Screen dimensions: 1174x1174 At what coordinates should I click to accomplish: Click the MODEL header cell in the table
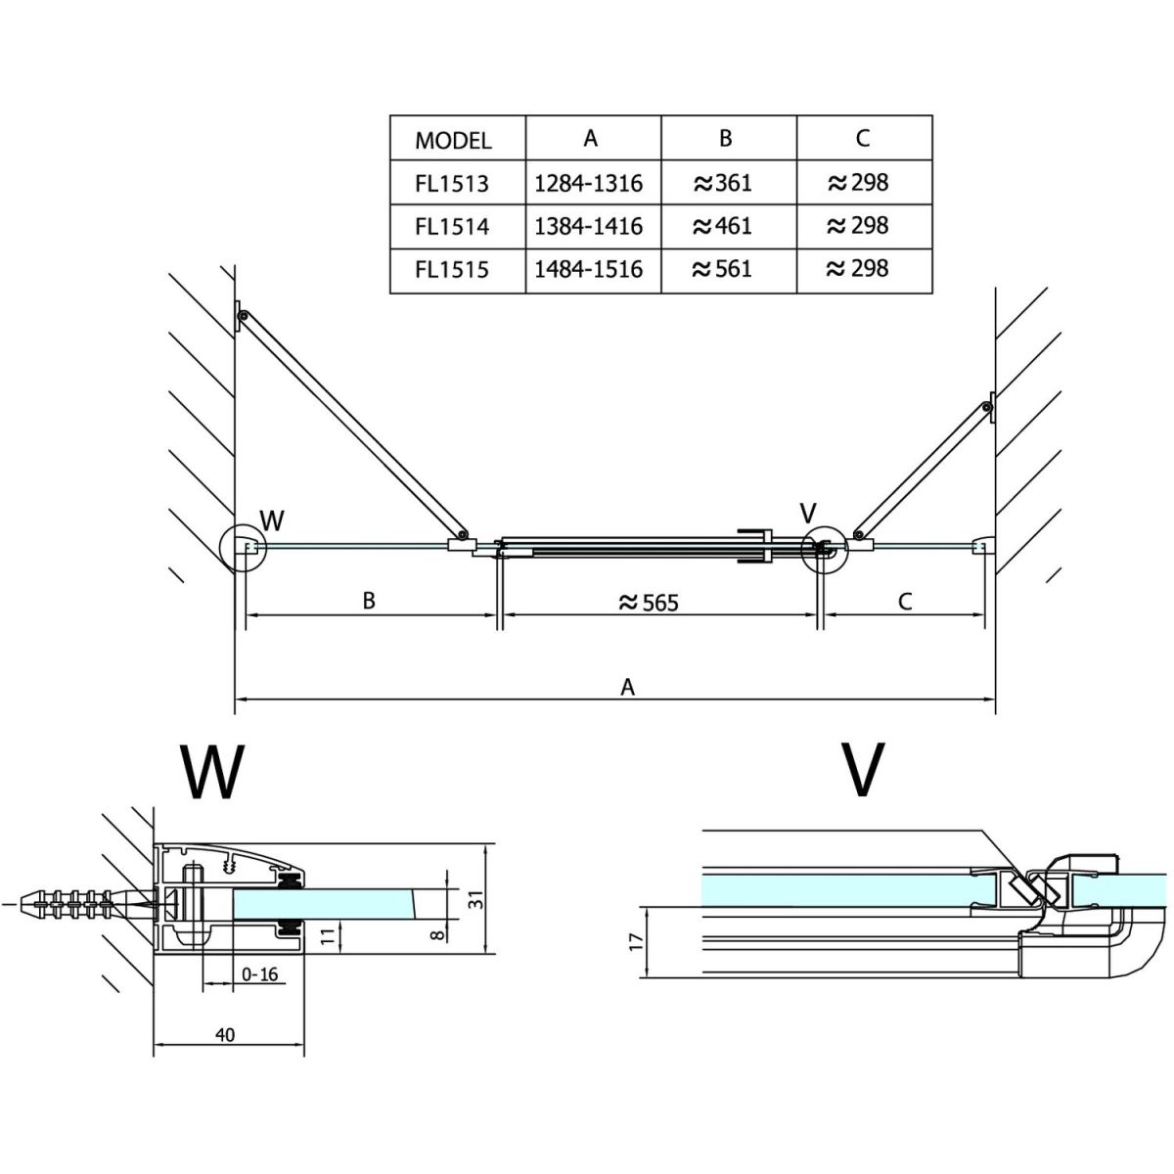tap(453, 140)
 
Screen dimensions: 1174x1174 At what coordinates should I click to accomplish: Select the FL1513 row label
tap(451, 183)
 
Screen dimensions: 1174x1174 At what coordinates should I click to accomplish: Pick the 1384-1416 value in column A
tap(589, 226)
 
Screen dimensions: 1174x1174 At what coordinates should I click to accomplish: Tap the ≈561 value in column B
tap(723, 268)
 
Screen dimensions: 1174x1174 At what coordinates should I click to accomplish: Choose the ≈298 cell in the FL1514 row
tap(858, 226)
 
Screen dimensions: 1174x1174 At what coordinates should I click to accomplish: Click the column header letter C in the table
tap(862, 138)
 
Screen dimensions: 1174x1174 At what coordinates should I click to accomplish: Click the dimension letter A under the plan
tap(628, 687)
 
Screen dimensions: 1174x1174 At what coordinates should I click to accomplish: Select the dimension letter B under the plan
tap(369, 601)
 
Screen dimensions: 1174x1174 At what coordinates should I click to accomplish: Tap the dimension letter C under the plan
tap(904, 602)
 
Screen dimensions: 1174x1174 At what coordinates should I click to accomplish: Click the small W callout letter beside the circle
tap(271, 519)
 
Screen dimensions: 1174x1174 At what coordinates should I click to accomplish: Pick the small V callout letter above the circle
tap(808, 513)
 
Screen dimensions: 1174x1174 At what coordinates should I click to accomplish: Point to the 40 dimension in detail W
tap(225, 1035)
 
